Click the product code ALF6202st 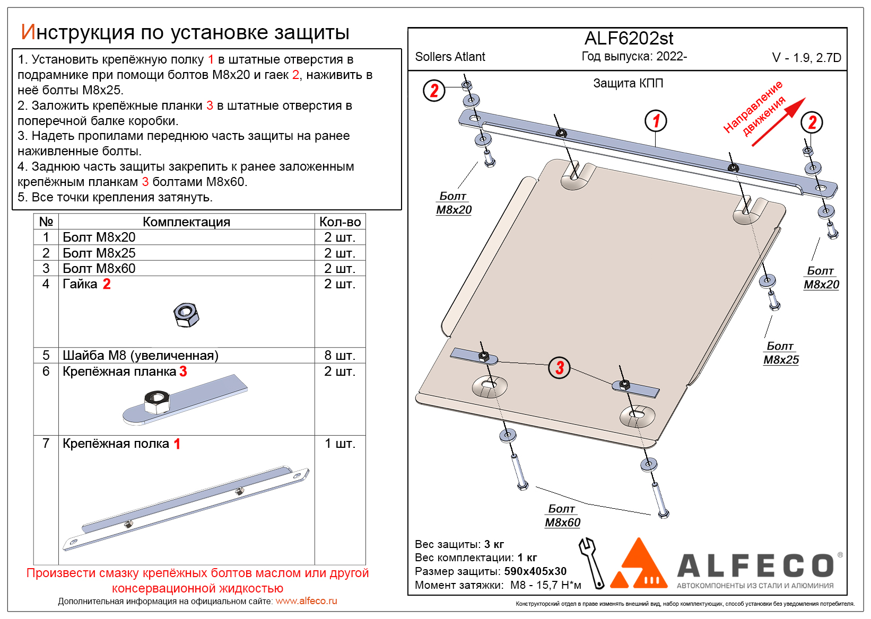[x=629, y=39]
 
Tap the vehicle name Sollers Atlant [x=450, y=57]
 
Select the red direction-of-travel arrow [x=778, y=122]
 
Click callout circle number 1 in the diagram [x=656, y=121]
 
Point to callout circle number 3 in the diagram [x=559, y=367]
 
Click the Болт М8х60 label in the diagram [x=562, y=516]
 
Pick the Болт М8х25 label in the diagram [x=781, y=353]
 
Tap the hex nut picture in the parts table [x=186, y=315]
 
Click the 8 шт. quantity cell [x=339, y=355]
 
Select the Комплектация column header [x=186, y=222]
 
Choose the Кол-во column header [x=339, y=222]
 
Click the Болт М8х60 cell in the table [x=99, y=268]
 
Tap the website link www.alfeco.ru [x=306, y=601]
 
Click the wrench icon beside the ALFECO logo [x=591, y=563]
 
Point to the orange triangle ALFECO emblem [x=639, y=564]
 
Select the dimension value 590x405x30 [x=535, y=571]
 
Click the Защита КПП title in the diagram [x=628, y=83]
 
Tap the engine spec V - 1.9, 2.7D [x=806, y=58]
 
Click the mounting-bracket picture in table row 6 [x=185, y=400]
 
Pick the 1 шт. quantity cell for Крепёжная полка [x=339, y=444]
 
